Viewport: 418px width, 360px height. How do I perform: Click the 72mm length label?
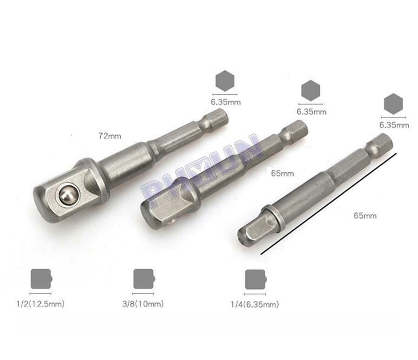(110, 136)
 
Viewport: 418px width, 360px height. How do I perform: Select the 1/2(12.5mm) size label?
(40, 304)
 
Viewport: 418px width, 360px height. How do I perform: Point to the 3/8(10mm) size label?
(143, 304)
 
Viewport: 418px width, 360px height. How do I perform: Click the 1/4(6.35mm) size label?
(255, 304)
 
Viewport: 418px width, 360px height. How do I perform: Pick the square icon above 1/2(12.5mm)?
(41, 279)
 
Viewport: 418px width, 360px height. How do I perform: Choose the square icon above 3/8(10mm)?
(144, 279)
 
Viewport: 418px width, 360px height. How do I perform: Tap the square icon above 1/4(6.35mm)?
(255, 279)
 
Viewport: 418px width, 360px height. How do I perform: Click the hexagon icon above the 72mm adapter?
(225, 81)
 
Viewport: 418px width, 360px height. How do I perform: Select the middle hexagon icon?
(311, 91)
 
